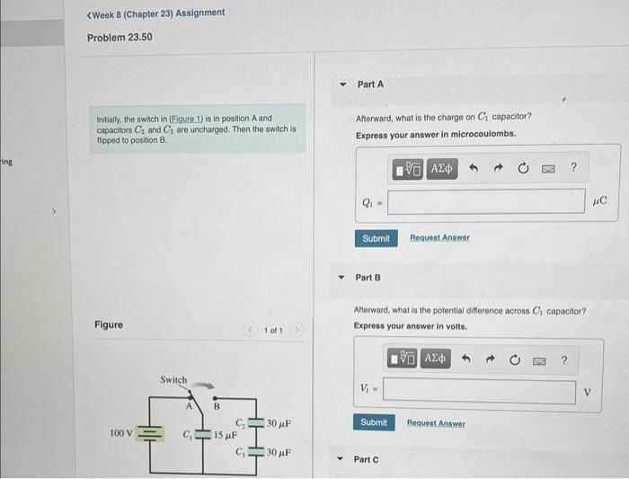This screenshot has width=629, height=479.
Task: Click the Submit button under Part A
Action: coord(376,238)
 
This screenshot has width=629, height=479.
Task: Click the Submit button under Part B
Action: coord(374,422)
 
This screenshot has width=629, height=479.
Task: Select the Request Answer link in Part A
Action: coord(439,238)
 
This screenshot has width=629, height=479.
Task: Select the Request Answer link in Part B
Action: coord(436,422)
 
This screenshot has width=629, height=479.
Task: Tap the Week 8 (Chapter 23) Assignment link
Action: coord(155,13)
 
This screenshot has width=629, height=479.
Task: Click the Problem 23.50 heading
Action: coord(120,38)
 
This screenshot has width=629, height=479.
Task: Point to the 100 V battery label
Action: coord(121,433)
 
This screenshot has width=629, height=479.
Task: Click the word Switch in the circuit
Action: coord(173,380)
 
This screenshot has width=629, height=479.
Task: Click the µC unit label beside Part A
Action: coord(600,201)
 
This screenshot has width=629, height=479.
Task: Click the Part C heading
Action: coord(368,459)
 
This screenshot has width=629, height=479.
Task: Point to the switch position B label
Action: coord(216,406)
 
